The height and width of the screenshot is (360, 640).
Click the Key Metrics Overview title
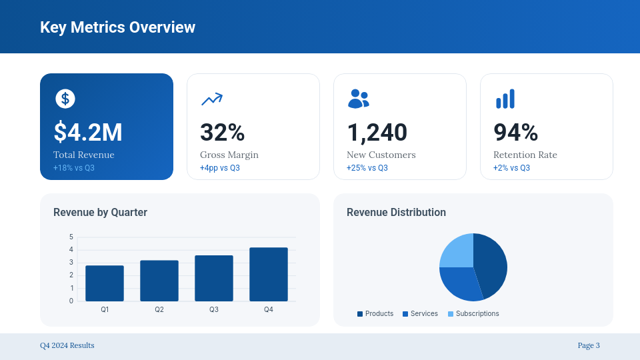[x=117, y=27]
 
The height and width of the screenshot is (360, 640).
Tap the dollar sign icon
[x=65, y=99]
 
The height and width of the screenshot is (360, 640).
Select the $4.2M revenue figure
[x=88, y=132]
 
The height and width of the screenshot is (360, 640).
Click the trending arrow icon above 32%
[x=211, y=99]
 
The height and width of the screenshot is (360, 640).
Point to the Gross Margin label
[x=229, y=155]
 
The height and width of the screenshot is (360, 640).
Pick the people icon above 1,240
[x=358, y=99]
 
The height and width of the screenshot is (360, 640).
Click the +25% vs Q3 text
[x=367, y=168]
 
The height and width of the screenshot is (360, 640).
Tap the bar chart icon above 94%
[x=505, y=99]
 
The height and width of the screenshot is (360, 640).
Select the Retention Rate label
[x=525, y=155]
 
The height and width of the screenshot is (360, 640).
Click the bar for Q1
[x=105, y=283]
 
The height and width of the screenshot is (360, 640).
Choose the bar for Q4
[x=269, y=275]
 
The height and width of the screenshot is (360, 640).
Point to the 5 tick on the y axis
[x=71, y=237]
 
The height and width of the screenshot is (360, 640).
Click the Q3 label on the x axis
[x=214, y=310]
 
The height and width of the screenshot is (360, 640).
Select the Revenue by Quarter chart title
[x=100, y=212]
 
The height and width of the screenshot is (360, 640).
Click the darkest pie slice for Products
[x=492, y=263]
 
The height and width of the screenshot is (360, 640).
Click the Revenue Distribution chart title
[x=396, y=212]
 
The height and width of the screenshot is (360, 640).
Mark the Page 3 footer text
[x=589, y=345]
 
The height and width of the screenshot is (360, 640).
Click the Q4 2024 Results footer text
[x=67, y=345]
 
